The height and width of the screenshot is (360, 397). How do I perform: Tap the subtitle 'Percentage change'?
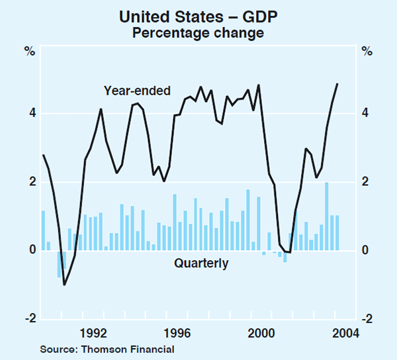coord(198,32)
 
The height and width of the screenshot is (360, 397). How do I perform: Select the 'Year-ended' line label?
coord(138,91)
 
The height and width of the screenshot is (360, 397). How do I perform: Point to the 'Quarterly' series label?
coord(201,263)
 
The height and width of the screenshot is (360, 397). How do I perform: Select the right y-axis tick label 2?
coord(366,182)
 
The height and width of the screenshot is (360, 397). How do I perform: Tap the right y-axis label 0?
coord(366,250)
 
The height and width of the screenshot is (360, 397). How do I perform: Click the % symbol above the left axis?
coord(30,51)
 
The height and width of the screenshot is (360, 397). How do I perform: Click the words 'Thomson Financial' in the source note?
coord(135,349)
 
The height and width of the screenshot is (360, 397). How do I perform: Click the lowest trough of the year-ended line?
coord(64,285)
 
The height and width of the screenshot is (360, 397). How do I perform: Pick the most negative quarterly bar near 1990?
coord(59,264)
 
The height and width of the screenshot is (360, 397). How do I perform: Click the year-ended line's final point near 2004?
coord(337,84)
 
